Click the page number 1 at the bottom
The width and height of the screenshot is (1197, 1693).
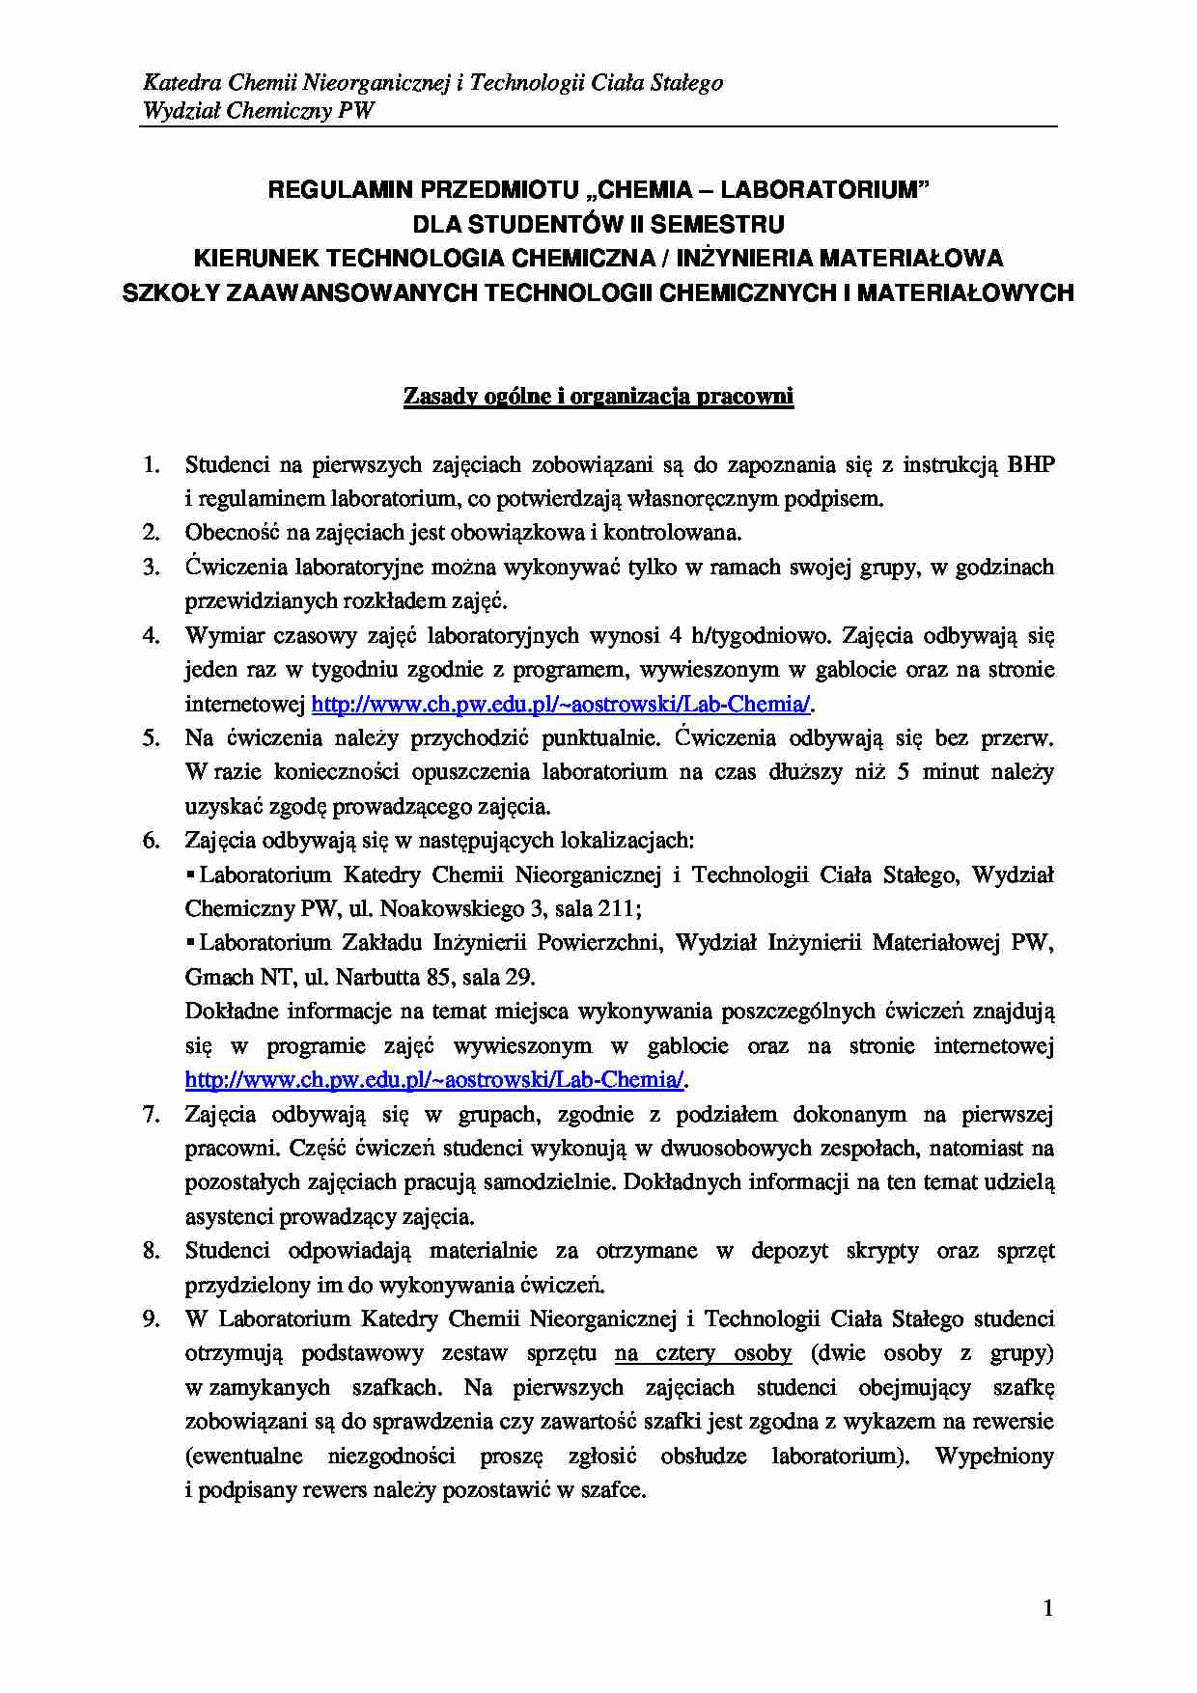pyautogui.click(x=1048, y=1608)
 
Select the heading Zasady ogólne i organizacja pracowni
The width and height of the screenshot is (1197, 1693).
pyautogui.click(x=598, y=397)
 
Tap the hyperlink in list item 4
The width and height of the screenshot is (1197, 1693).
pyautogui.click(x=561, y=704)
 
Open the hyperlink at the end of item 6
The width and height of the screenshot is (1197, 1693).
pyautogui.click(x=434, y=1079)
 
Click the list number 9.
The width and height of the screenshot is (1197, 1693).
pyautogui.click(x=152, y=1318)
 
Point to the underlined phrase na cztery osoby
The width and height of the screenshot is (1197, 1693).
pyautogui.click(x=703, y=1353)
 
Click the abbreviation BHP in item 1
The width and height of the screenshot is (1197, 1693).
pyautogui.click(x=1030, y=465)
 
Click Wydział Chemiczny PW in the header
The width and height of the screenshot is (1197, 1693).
pyautogui.click(x=258, y=110)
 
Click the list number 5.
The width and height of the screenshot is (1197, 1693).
pyautogui.click(x=152, y=738)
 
